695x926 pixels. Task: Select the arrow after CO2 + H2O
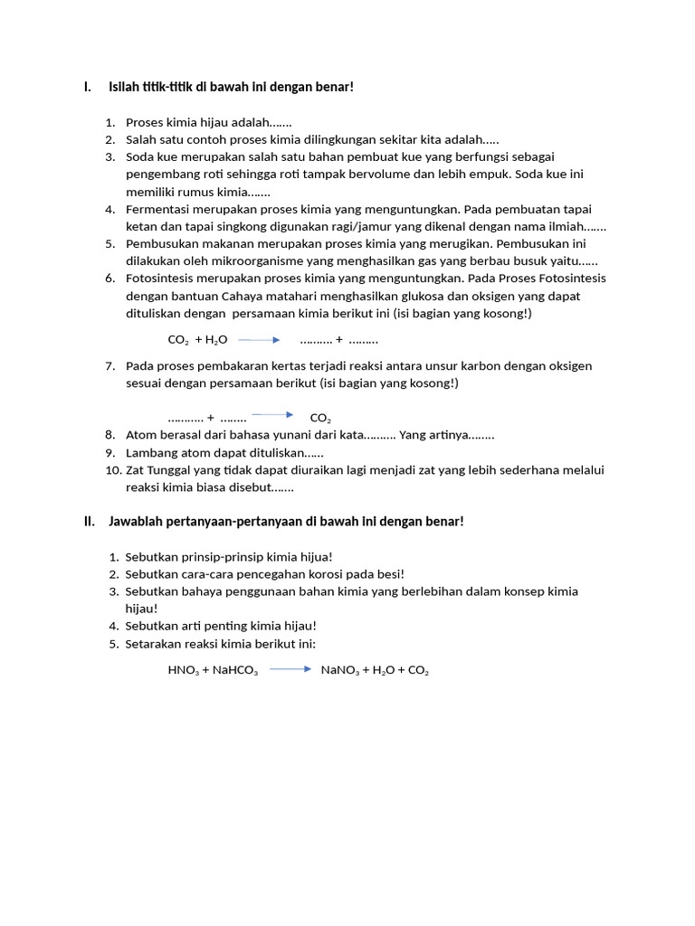pos(260,340)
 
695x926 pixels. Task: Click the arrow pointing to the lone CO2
pos(272,415)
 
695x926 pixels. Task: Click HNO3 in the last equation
pos(183,671)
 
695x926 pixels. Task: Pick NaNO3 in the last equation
pos(340,671)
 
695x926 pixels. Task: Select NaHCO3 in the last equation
pos(234,671)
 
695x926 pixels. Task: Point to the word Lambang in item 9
pos(150,452)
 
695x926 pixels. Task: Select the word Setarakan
pos(153,643)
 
